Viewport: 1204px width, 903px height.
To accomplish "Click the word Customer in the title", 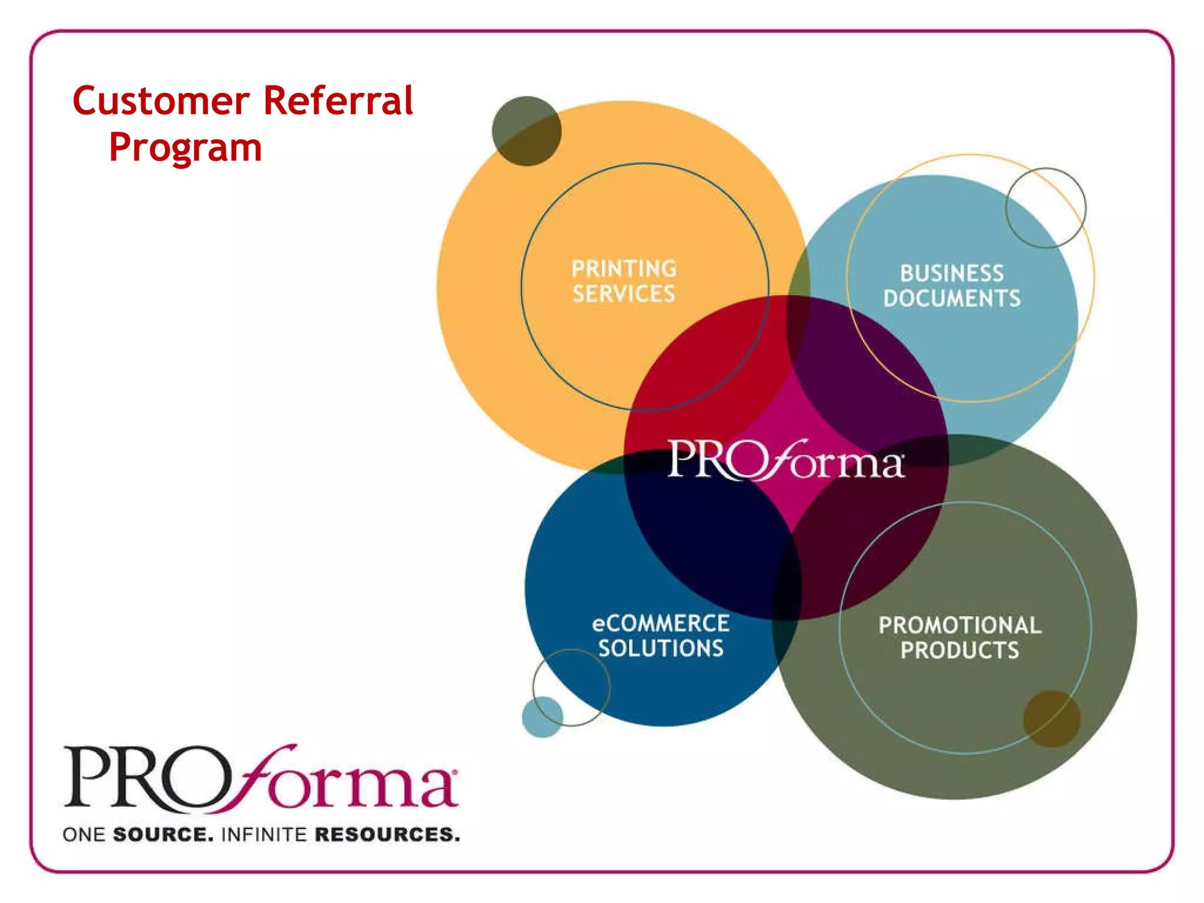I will [161, 101].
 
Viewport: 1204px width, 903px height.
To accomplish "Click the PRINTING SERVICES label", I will [624, 281].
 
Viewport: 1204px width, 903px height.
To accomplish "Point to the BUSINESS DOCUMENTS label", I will [952, 286].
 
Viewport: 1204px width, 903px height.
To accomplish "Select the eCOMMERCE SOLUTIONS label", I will [661, 636].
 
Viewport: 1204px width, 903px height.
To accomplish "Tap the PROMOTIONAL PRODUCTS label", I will [959, 637].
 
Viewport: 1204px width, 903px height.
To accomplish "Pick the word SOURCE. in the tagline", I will [163, 834].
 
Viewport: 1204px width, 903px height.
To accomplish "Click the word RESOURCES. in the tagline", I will [387, 834].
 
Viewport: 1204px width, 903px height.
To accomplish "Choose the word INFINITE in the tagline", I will [265, 834].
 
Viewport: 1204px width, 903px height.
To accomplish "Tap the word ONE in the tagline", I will [83, 834].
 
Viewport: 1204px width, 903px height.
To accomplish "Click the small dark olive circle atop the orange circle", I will [526, 131].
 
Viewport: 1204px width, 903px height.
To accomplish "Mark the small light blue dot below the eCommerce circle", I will [542, 717].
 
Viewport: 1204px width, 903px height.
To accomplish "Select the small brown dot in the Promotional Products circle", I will [1052, 718].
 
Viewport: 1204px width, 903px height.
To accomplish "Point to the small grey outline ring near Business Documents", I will [1046, 208].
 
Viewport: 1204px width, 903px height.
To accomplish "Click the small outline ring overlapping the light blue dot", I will [571, 687].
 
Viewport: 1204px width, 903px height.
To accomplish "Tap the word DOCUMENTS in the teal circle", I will [952, 298].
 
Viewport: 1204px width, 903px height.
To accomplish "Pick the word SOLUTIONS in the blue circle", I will [661, 648].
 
